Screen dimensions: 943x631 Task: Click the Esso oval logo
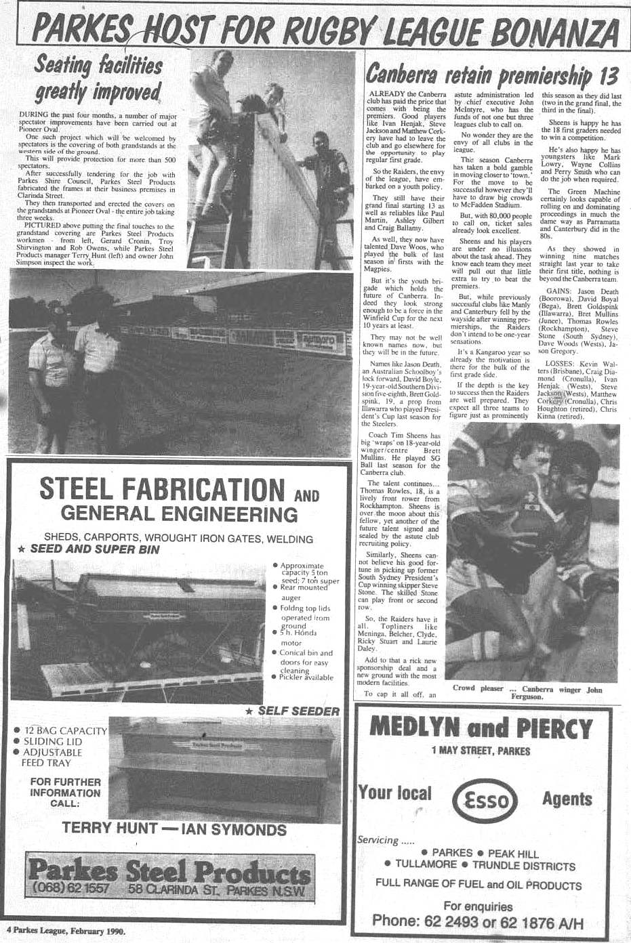[483, 799]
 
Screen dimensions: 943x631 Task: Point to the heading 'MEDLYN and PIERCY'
[481, 728]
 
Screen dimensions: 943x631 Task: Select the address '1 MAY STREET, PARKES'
[481, 750]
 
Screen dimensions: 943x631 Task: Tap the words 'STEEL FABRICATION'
[163, 488]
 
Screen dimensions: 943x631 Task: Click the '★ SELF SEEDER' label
[292, 711]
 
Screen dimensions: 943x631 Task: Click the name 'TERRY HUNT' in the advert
[110, 828]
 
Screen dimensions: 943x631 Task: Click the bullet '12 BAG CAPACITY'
[61, 730]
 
